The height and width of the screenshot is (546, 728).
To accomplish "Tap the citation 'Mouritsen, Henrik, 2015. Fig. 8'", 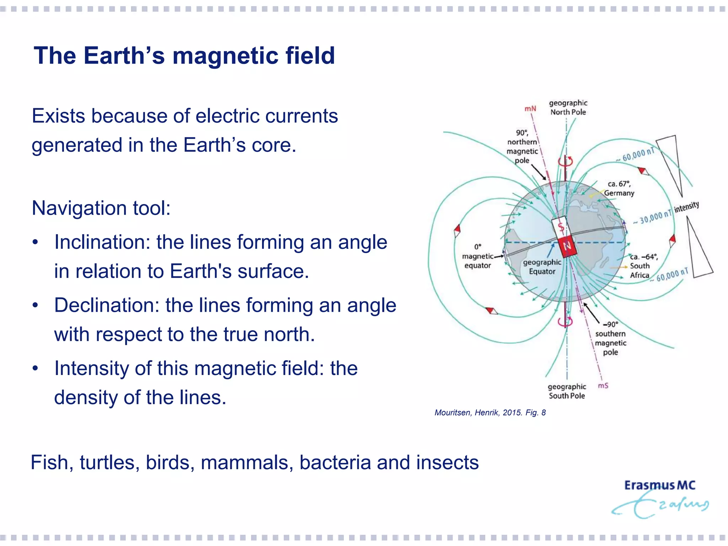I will click(490, 413).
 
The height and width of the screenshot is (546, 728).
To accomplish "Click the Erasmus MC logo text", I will click(659, 486).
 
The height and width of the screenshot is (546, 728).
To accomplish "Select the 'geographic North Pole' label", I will click(568, 107).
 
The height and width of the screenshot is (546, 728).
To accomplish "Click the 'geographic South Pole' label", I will click(567, 391).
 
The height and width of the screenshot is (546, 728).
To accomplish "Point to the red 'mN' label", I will click(530, 108).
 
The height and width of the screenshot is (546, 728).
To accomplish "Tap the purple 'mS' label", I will click(603, 386).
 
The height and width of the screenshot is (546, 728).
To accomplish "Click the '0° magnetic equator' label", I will click(478, 256).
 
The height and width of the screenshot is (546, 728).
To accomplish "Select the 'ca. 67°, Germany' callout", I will click(619, 188).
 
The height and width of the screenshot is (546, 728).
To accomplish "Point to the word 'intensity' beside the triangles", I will click(686, 207).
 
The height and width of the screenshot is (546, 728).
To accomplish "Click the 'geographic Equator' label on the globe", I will click(542, 267).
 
